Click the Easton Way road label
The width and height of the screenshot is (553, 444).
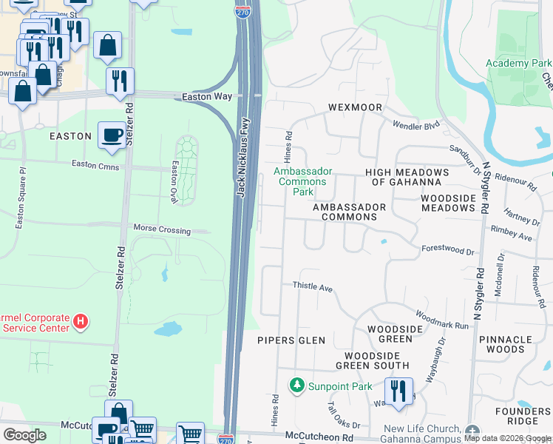pos(208,97)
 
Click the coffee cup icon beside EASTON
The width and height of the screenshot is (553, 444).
pos(112,135)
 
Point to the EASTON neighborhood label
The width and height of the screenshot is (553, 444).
pos(70,137)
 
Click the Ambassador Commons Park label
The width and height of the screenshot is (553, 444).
pos(303,181)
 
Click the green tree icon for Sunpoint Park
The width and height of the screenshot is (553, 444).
pos(296,385)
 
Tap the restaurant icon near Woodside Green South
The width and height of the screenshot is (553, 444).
pos(398,391)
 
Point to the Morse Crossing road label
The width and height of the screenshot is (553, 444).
pos(161,231)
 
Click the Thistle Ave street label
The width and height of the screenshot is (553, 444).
pos(313,286)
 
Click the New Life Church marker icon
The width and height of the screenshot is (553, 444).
pos(472,431)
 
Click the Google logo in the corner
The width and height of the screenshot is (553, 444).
pos(24,435)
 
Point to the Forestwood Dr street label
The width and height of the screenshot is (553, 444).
pos(447,252)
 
